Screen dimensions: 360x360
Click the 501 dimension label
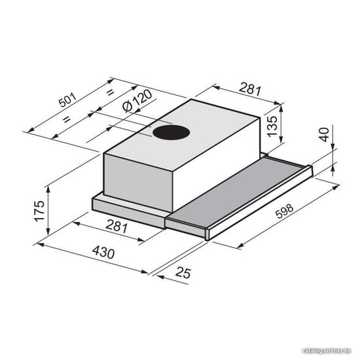point(67,100)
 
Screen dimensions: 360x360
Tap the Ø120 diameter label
point(137,101)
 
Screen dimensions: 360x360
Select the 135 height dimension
point(272,126)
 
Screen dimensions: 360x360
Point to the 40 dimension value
point(324,135)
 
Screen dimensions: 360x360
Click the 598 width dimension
point(285,211)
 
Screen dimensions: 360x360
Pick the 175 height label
point(39,211)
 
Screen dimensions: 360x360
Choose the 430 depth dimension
point(103,252)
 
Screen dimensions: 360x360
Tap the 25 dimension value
point(183,273)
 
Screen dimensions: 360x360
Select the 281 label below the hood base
point(117,226)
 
